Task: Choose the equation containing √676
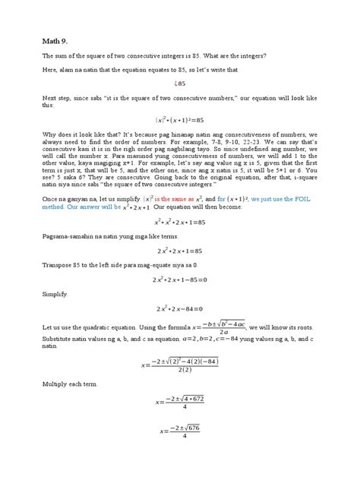180,431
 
